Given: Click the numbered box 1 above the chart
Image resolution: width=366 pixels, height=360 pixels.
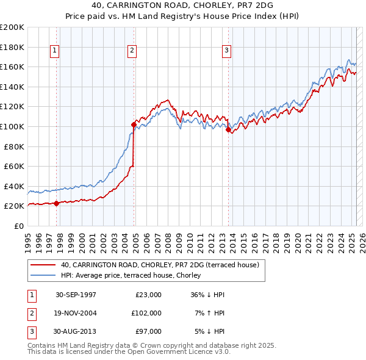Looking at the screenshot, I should (x=55, y=51).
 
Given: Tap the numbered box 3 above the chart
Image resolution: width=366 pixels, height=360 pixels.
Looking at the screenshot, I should (x=226, y=51).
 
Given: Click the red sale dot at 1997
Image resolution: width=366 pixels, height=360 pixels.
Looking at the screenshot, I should (x=57, y=203).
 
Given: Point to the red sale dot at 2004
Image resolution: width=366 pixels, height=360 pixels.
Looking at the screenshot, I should (x=134, y=124).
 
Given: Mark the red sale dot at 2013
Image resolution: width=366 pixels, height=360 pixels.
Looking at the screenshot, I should (x=228, y=129).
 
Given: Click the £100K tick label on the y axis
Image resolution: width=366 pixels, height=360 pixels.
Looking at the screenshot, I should (x=12, y=126).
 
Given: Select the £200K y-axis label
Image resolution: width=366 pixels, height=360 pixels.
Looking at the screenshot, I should (x=12, y=27).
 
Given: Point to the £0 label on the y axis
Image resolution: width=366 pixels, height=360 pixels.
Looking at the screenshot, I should (x=19, y=226).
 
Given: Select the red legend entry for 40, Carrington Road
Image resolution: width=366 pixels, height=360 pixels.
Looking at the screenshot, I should (x=160, y=265).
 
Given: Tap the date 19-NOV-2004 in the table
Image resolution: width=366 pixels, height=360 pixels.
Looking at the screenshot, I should (x=76, y=312).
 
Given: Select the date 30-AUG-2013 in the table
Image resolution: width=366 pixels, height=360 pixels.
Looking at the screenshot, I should (x=76, y=331).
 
